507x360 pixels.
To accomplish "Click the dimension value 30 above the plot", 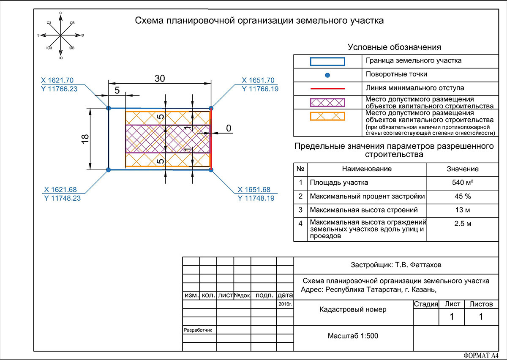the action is (160, 79).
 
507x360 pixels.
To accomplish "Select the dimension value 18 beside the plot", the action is (85, 139).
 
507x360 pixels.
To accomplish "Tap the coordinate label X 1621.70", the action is (57, 80).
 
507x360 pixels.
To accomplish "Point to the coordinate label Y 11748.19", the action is (256, 198).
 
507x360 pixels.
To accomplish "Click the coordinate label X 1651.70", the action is (258, 80).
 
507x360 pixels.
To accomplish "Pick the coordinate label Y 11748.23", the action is (63, 198).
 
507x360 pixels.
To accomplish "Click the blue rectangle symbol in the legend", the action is (327, 62).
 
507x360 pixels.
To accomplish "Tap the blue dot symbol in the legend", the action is (327, 75).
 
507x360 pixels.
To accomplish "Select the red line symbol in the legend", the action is (327, 89).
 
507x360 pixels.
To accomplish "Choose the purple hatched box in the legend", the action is (327, 103).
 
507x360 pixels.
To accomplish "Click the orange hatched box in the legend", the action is (327, 116).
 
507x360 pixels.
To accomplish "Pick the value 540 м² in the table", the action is (463, 183).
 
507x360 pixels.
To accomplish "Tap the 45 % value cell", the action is (463, 196).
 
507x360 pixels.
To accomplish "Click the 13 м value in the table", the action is (463, 210).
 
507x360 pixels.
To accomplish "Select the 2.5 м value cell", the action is (463, 224).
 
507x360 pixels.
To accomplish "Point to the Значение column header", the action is (463, 169).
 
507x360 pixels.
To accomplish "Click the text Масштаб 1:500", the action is (353, 336).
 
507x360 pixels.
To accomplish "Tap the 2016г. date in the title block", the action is (285, 304).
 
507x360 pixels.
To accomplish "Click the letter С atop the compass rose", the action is (60, 13).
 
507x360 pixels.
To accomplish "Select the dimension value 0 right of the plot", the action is (229, 128).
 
